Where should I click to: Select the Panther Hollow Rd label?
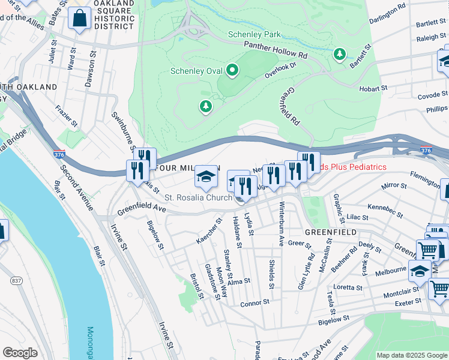pos(275,50)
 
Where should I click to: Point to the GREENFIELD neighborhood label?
pos(330,232)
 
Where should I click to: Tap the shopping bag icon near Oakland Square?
pos(80,20)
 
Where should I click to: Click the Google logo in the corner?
pos(20,353)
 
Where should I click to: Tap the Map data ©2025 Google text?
pos(411,355)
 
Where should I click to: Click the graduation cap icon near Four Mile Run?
pos(205,176)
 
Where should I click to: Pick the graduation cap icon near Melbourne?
pos(420,271)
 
